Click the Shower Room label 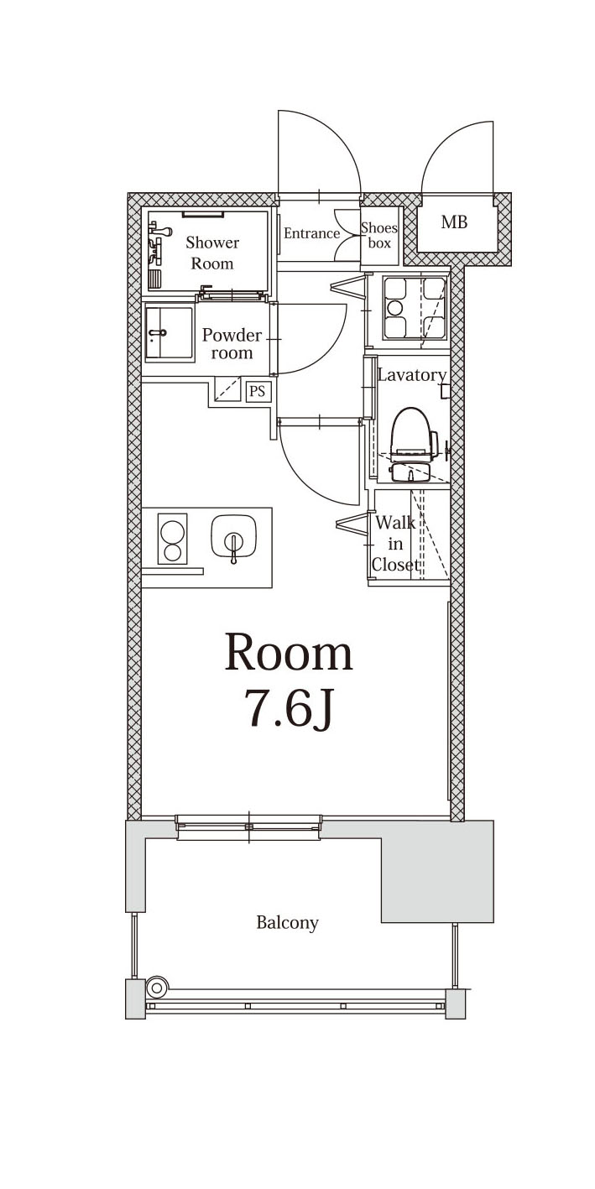[x=212, y=253]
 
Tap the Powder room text [x=232, y=344]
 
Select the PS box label [x=258, y=392]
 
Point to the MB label [x=454, y=222]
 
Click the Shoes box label [x=379, y=235]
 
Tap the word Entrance [x=311, y=233]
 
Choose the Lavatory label [x=412, y=375]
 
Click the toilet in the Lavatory [x=413, y=444]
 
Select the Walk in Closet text [x=395, y=544]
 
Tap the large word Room [x=289, y=652]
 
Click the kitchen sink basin [x=235, y=537]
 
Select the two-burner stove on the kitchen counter [x=173, y=538]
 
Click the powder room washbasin [x=169, y=333]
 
